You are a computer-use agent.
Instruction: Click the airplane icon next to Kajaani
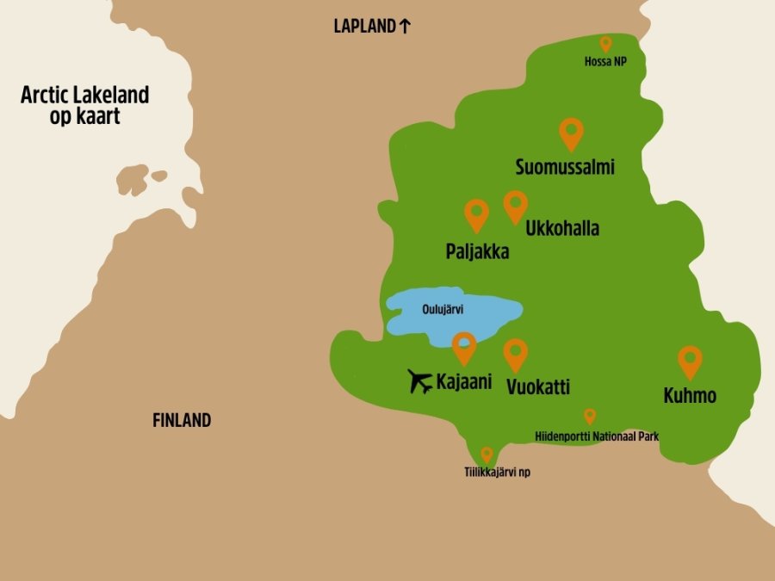click(x=420, y=380)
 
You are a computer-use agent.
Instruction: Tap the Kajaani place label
click(x=464, y=381)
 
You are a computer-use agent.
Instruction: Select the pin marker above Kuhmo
click(x=690, y=361)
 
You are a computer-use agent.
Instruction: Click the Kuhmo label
click(x=690, y=396)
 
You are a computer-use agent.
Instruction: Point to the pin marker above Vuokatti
click(x=515, y=354)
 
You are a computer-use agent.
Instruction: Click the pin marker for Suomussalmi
click(x=571, y=133)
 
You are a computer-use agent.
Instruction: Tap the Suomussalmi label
click(x=565, y=167)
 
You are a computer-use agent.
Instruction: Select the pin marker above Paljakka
click(x=476, y=214)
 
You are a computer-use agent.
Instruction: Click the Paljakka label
click(x=477, y=252)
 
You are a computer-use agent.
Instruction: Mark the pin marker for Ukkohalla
click(x=515, y=205)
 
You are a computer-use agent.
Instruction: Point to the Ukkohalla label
click(x=562, y=229)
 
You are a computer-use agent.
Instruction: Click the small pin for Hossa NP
click(x=605, y=43)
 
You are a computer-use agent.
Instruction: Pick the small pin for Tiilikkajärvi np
click(x=487, y=454)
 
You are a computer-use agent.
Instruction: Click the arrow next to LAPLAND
click(x=405, y=26)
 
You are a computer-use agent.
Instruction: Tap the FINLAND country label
click(x=182, y=421)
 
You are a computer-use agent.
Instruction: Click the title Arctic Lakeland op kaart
click(x=84, y=105)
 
